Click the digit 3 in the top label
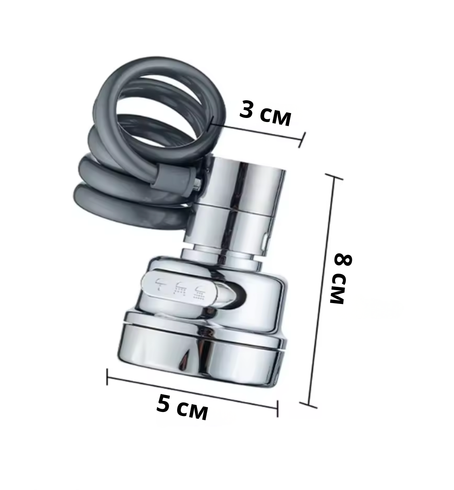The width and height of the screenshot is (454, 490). tap(247, 110)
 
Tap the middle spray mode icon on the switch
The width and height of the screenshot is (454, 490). tap(180, 289)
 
